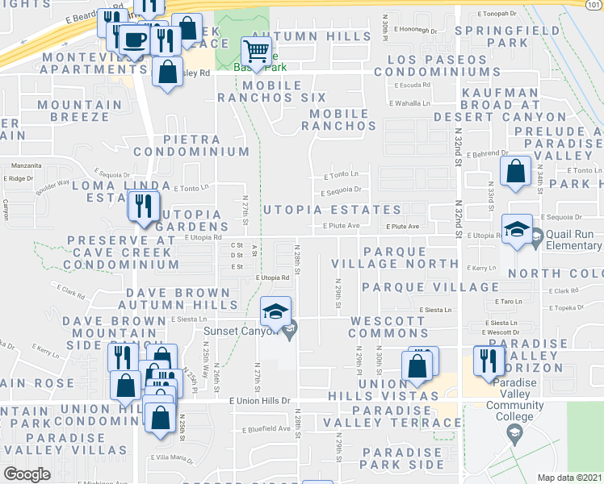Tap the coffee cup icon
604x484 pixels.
click(134, 40)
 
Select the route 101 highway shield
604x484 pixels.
click(594, 5)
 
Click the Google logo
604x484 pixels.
click(27, 474)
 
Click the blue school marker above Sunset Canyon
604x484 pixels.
click(275, 313)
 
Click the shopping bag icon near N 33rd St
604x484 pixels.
click(515, 172)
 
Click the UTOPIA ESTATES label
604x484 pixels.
click(332, 210)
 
